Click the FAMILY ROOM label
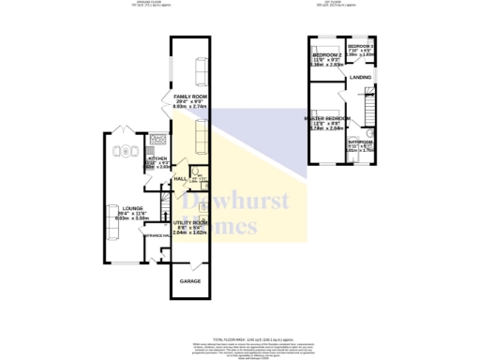188,97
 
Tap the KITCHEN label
157,159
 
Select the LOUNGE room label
120,207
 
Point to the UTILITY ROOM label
188,221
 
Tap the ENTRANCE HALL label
155,235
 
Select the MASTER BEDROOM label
326,119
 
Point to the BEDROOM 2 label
328,55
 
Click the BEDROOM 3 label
361,46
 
